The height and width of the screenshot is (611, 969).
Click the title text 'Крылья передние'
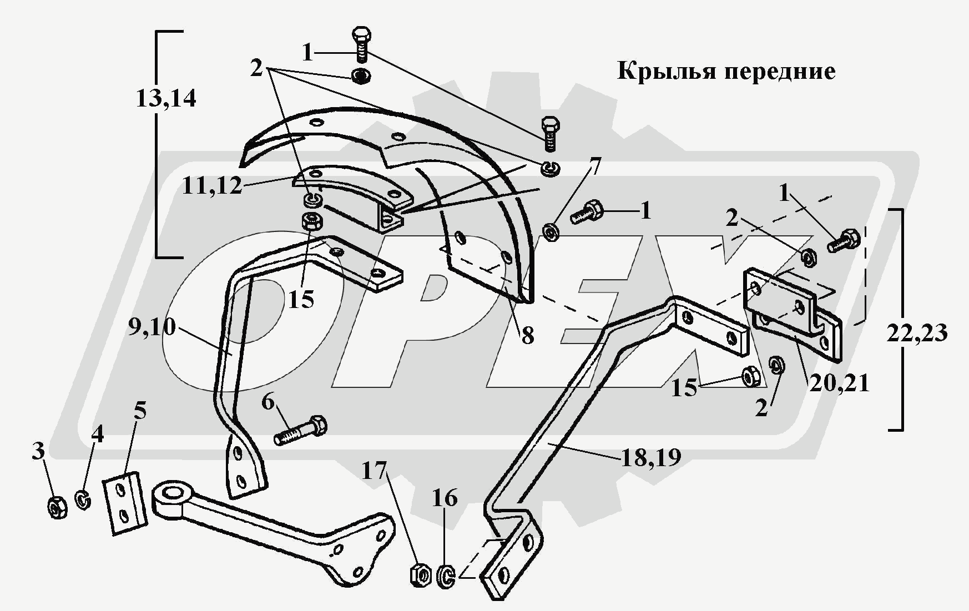[726, 72]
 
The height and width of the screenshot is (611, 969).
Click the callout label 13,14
[166, 99]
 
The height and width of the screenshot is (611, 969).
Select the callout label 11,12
[212, 186]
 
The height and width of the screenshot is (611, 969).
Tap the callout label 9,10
[152, 327]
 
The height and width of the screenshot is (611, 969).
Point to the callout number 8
[527, 335]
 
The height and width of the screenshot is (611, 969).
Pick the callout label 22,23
[916, 333]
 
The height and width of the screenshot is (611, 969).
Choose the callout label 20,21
[839, 383]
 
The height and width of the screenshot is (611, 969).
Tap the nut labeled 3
[57, 507]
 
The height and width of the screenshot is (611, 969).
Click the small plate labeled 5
[125, 503]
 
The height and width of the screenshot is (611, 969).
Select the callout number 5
[140, 411]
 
